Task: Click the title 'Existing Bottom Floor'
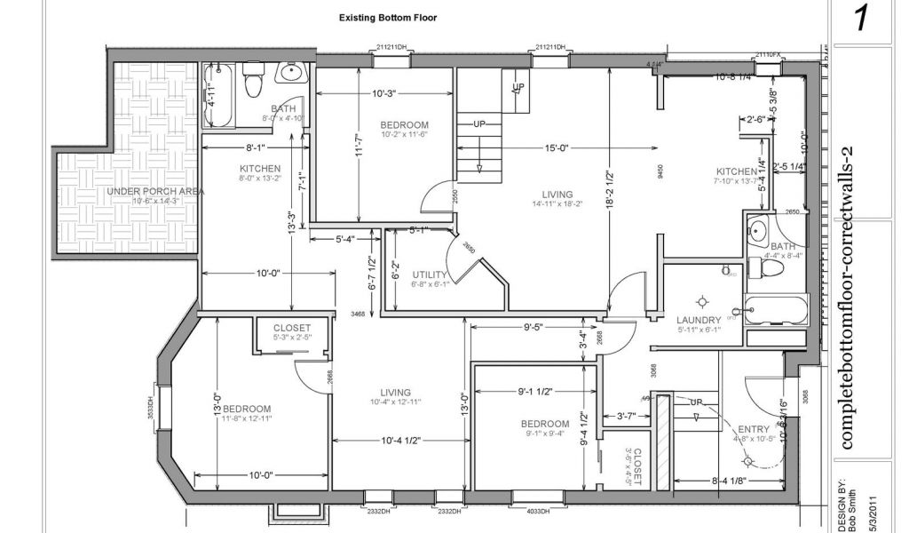[387, 18]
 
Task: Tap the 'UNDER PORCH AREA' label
[155, 192]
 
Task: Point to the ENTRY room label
[754, 429]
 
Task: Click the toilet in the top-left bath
[253, 81]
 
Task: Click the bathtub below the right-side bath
[777, 311]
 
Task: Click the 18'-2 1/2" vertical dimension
[609, 189]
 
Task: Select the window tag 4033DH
[538, 512]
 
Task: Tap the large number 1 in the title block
[860, 20]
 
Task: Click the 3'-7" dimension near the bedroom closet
[626, 416]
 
